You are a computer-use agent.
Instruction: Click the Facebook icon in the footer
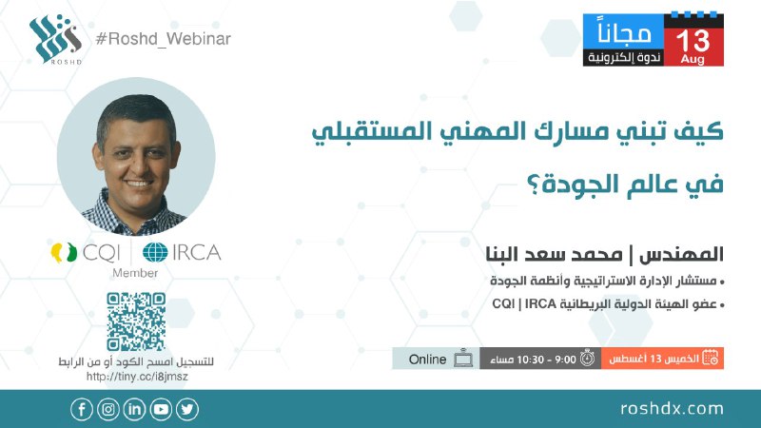[x=82, y=410]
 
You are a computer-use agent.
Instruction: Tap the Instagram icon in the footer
[x=108, y=410]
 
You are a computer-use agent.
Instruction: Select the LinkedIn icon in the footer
[x=134, y=410]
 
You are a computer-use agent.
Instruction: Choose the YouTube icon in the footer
[x=161, y=410]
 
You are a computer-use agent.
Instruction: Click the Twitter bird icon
[x=187, y=410]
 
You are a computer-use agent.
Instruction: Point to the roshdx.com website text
[x=672, y=409]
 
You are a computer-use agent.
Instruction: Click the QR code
[x=136, y=321]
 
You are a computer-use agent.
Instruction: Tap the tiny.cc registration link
[x=137, y=377]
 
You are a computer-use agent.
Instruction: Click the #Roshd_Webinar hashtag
[x=163, y=39]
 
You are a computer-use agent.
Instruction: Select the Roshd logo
[x=55, y=39]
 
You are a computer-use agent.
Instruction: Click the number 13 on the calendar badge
[x=693, y=41]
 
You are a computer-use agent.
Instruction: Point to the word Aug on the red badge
[x=693, y=59]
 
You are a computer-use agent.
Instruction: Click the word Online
[x=427, y=360]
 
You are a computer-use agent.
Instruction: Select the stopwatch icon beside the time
[x=587, y=359]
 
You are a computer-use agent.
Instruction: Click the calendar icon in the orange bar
[x=711, y=359]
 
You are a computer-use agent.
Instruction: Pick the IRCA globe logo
[x=155, y=252]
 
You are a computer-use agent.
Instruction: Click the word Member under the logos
[x=135, y=273]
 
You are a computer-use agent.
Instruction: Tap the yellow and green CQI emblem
[x=64, y=252]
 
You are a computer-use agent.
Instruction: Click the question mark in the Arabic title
[x=534, y=185]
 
